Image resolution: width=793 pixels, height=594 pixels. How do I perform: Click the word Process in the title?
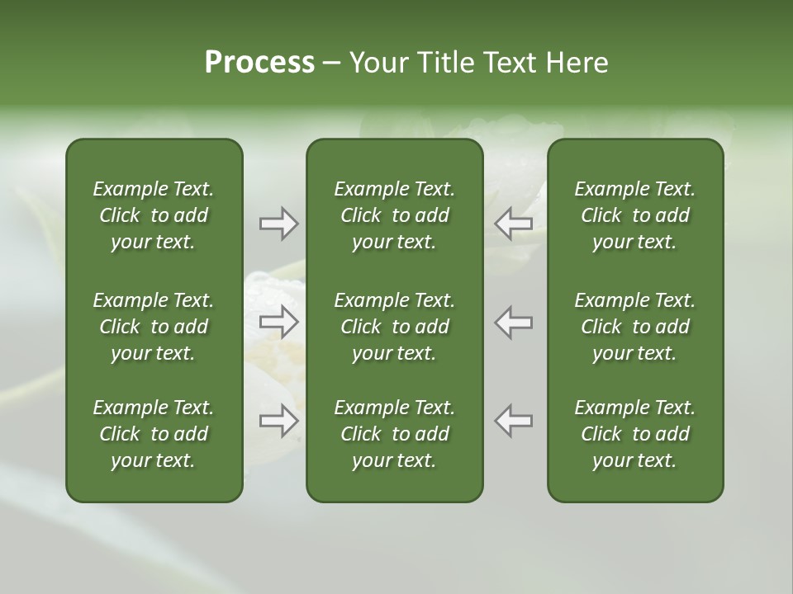259,63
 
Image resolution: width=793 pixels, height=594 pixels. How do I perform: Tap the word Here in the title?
576,63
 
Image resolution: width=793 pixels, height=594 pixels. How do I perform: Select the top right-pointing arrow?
278,224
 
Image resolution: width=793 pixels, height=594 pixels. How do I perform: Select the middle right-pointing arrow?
278,323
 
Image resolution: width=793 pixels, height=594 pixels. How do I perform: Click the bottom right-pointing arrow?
278,421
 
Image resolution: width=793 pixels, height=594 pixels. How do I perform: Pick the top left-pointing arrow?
514,224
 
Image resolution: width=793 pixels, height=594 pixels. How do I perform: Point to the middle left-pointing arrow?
514,323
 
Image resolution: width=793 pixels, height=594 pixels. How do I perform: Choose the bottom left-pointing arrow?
514,421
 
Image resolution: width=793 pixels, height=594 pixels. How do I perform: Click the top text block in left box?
154,215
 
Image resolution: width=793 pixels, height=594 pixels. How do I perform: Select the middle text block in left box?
154,327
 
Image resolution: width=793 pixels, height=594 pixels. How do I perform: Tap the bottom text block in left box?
154,434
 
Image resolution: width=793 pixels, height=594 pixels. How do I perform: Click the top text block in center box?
394,215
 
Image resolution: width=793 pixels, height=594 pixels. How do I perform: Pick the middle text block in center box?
394,327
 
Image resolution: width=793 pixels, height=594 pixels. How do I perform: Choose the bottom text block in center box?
394,434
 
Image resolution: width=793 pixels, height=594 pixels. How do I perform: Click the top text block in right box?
634,215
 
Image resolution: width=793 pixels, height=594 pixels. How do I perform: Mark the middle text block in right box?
634,327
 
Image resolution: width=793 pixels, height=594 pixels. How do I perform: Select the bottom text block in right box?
634,434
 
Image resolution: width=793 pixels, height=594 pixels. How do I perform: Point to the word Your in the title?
378,63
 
